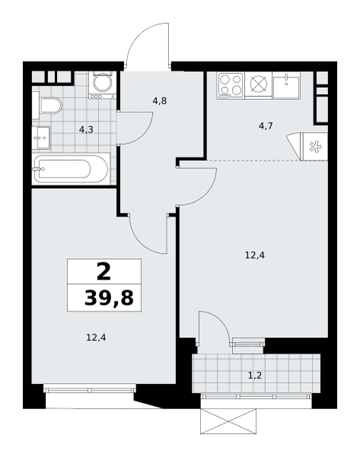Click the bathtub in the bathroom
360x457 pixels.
pos(71,169)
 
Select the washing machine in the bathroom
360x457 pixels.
pos(102,85)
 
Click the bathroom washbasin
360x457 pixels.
pos(41,138)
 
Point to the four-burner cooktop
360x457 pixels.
pos(231,85)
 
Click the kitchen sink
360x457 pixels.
pos(286,85)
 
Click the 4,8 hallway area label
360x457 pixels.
pos(160,101)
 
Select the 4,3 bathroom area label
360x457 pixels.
pos(86,129)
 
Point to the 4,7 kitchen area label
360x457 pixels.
pos(266,126)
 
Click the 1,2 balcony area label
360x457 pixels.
pos(255,376)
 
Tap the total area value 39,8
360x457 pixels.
pos(109,298)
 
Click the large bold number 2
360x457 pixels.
pos(104,271)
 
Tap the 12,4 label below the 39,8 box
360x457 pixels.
pos(96,337)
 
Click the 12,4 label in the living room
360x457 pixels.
pos(255,256)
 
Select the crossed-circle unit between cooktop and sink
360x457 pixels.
pos(259,85)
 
